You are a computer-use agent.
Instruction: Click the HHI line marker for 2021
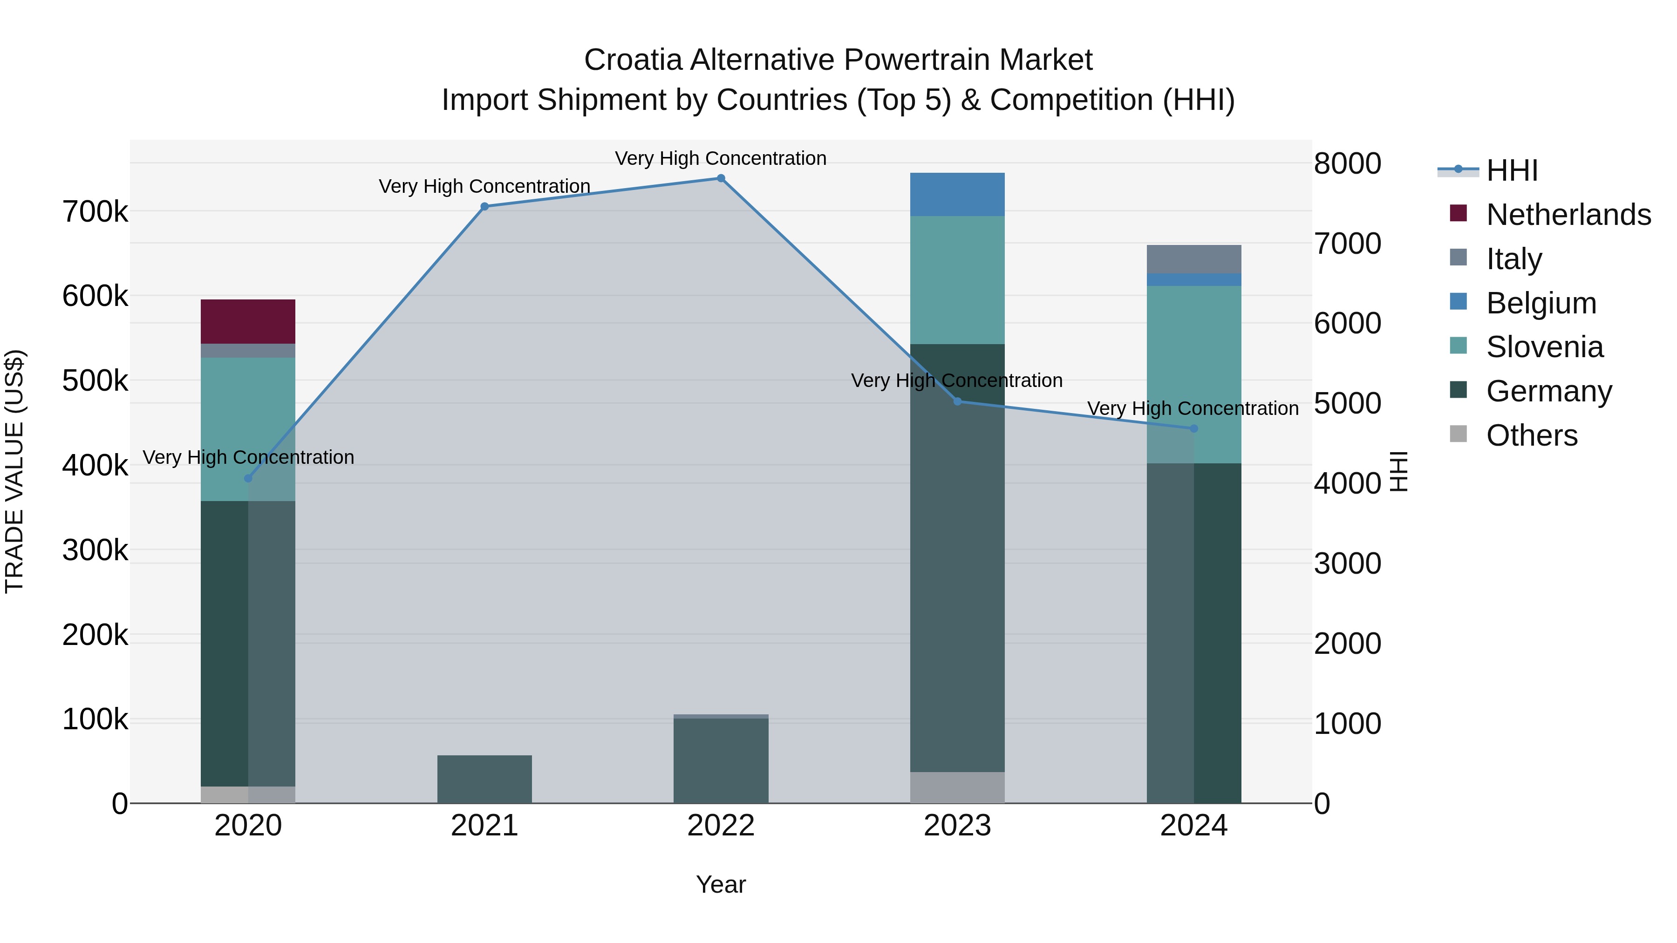pyautogui.click(x=484, y=207)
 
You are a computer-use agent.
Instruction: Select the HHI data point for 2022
pyautogui.click(x=721, y=178)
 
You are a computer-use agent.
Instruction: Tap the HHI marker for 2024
pyautogui.click(x=1193, y=429)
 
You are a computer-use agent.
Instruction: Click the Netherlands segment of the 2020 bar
pyautogui.click(x=248, y=321)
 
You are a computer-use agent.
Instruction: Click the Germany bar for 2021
pyautogui.click(x=484, y=779)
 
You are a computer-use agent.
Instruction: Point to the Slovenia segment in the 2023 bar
pyautogui.click(x=957, y=280)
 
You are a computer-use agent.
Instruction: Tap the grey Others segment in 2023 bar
pyautogui.click(x=957, y=787)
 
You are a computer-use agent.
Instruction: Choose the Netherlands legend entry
pyautogui.click(x=1568, y=215)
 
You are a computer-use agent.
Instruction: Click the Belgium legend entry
pyautogui.click(x=1541, y=303)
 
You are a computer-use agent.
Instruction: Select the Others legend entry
pyautogui.click(x=1531, y=435)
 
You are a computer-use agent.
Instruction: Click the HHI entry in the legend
pyautogui.click(x=1512, y=170)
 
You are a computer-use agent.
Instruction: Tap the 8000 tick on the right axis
pyautogui.click(x=1347, y=163)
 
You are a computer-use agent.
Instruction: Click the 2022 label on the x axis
pyautogui.click(x=721, y=826)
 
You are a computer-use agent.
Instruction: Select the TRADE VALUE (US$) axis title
pyautogui.click(x=14, y=471)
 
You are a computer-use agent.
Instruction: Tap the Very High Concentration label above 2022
pyautogui.click(x=721, y=158)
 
